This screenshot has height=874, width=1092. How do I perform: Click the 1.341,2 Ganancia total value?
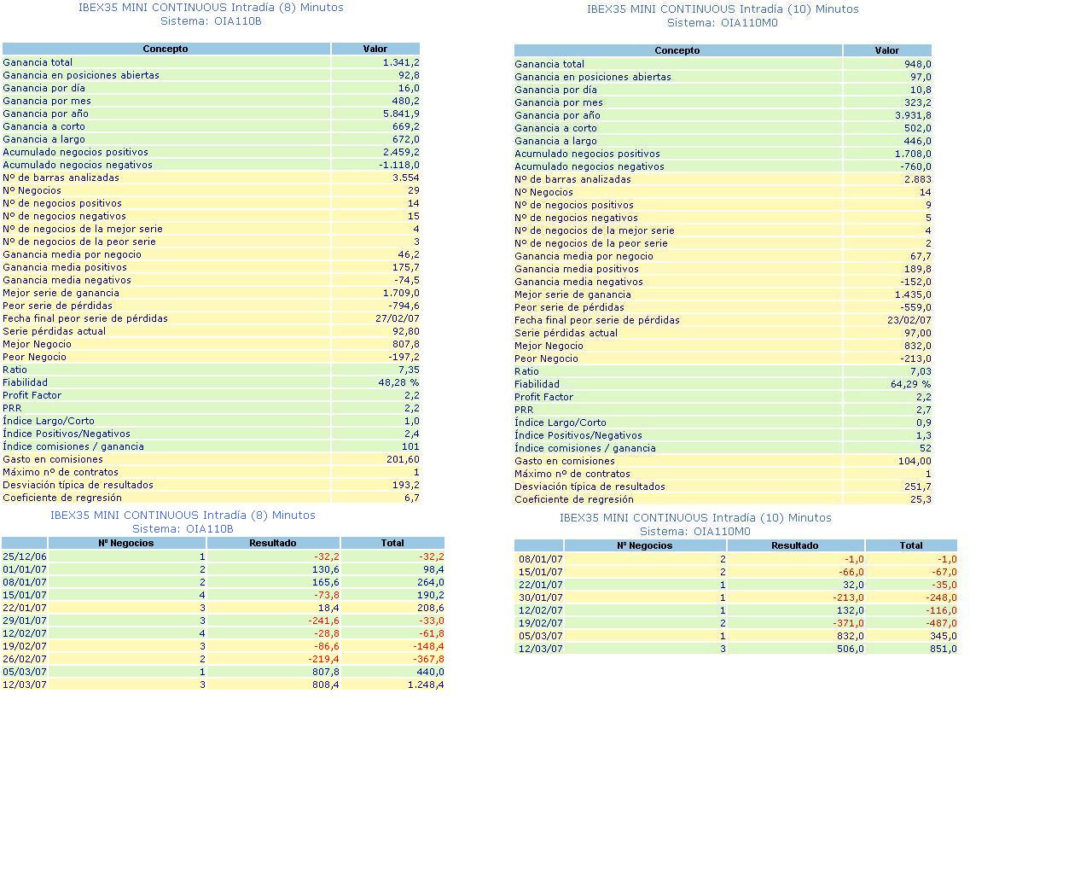(x=401, y=62)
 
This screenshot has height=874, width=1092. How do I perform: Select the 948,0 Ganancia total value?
(x=918, y=64)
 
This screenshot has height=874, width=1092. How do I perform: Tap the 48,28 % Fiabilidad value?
(x=398, y=382)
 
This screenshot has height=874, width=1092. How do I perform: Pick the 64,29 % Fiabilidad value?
(x=910, y=384)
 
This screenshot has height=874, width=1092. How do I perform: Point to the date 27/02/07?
(x=397, y=318)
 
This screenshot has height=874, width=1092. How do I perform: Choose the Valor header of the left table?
(x=375, y=49)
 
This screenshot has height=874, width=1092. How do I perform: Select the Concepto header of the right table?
(x=677, y=50)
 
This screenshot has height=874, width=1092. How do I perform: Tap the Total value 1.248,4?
(x=426, y=685)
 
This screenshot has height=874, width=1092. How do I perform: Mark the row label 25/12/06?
(x=25, y=556)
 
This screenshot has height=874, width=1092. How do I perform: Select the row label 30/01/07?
(x=540, y=597)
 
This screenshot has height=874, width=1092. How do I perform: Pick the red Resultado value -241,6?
(x=323, y=621)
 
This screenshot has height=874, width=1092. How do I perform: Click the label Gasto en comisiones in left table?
(x=53, y=459)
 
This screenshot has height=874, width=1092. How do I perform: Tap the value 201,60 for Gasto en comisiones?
(x=403, y=459)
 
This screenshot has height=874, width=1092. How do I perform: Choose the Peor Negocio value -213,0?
(x=915, y=358)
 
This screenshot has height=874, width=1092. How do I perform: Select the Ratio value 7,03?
(x=921, y=371)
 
